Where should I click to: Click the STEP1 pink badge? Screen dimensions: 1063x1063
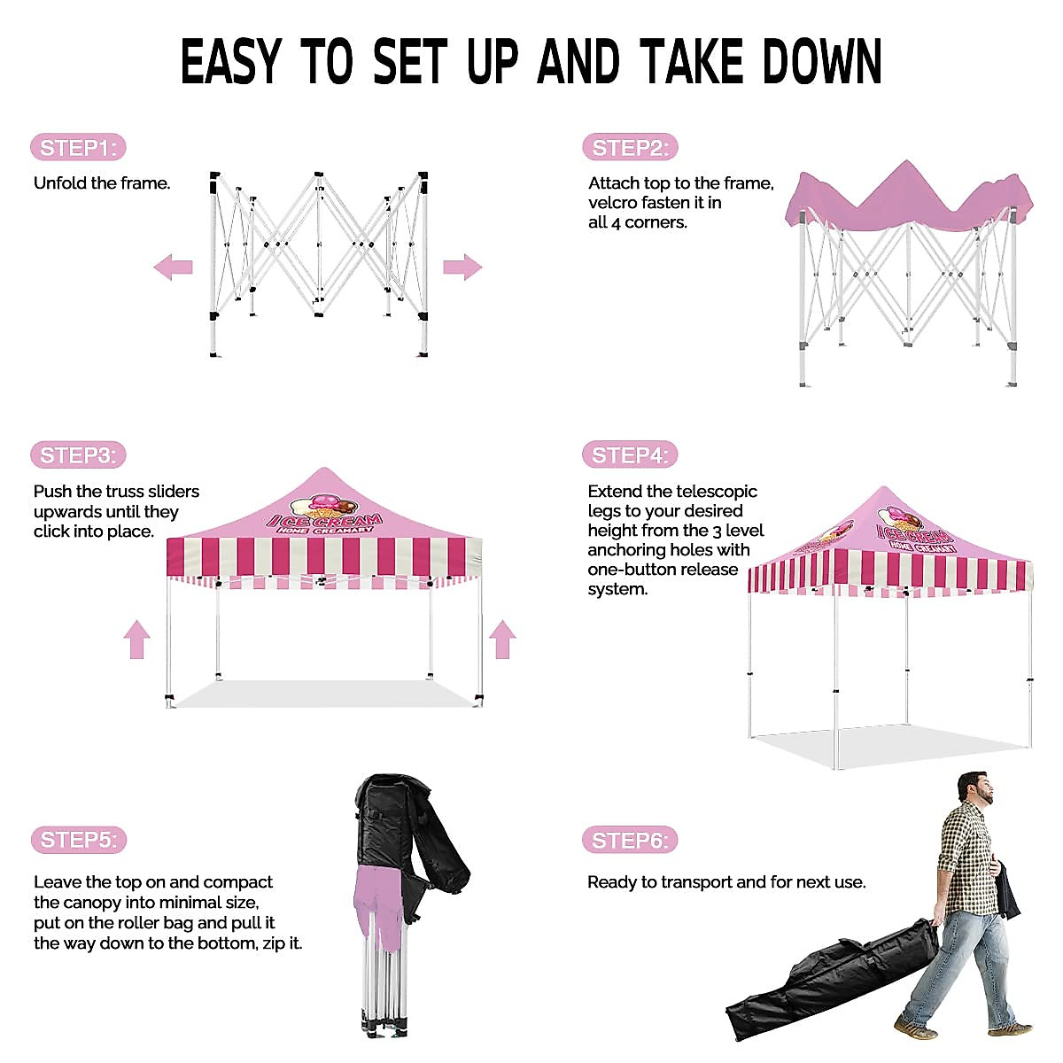coord(78,148)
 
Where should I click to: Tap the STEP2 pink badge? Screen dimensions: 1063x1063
coord(630,148)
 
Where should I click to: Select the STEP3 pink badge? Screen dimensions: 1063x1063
coord(78,455)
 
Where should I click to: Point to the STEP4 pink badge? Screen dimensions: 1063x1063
coord(630,455)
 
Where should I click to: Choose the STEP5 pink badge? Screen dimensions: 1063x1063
coord(78,840)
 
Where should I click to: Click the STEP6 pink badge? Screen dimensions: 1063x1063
coord(630,840)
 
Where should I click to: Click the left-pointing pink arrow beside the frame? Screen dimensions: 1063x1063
coord(173,266)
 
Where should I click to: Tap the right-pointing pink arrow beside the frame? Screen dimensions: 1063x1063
coord(462,267)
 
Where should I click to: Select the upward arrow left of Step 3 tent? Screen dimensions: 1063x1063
coord(136,639)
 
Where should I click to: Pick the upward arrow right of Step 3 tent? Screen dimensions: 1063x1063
coord(502,639)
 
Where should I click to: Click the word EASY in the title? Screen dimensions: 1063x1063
coord(229,62)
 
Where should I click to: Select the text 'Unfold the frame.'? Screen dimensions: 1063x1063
coord(102,183)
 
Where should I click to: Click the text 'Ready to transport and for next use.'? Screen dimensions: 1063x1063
coord(726,882)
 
